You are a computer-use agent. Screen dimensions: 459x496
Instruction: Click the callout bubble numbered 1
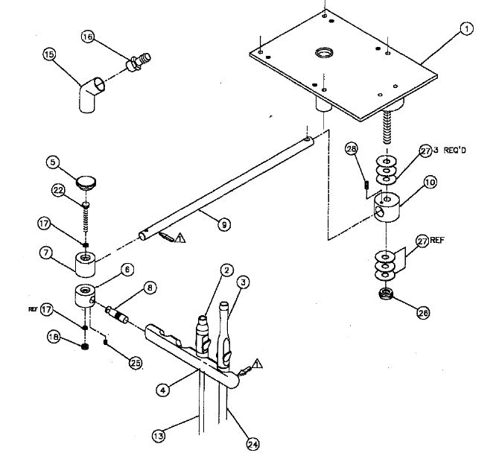467,29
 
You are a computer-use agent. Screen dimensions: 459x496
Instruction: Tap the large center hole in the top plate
325,53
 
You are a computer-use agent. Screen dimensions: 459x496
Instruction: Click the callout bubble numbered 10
410,181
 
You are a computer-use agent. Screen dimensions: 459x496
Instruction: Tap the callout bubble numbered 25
136,363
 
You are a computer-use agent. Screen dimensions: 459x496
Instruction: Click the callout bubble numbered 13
158,436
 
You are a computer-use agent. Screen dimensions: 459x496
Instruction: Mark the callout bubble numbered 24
253,444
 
